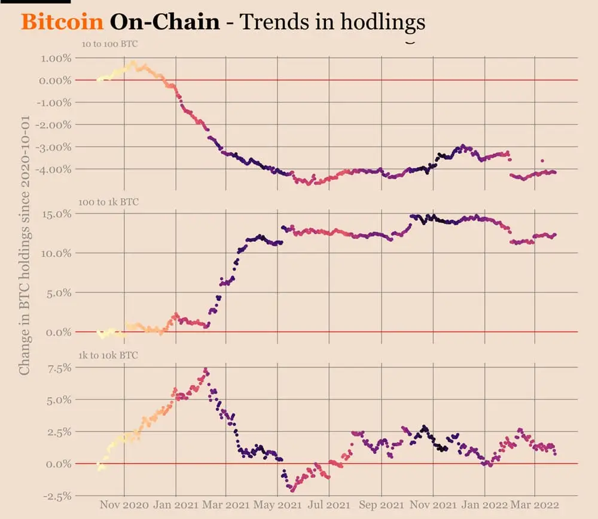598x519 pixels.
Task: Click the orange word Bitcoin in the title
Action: (62, 22)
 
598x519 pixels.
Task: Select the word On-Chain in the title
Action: (164, 22)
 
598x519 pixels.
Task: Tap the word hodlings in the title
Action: (383, 22)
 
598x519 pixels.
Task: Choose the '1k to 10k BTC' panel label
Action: (108, 355)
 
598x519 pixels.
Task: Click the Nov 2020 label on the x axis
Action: (124, 505)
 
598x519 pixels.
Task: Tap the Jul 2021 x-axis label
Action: (328, 505)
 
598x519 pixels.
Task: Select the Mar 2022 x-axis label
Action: (535, 505)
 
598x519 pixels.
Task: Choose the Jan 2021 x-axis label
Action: (175, 505)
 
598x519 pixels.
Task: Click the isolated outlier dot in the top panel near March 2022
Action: (542, 161)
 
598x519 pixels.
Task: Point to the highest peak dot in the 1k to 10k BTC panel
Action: (206, 369)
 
